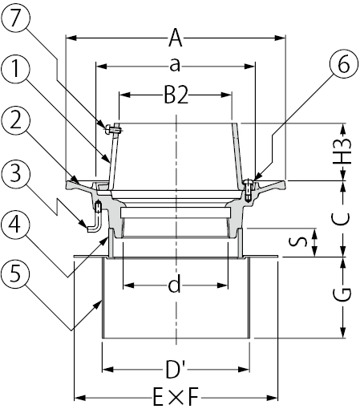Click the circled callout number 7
[15, 18]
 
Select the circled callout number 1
[15, 69]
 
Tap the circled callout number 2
[15, 121]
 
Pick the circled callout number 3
[15, 173]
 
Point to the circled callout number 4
[15, 225]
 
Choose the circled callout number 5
[15, 273]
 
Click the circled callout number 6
[344, 64]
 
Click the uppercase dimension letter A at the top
[176, 38]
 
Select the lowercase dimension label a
[175, 66]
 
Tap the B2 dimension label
[176, 95]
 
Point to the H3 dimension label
[342, 152]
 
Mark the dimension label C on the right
[340, 219]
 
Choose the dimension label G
[342, 294]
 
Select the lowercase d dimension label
[174, 285]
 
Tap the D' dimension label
[176, 370]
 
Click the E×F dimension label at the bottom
[176, 397]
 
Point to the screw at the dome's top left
[113, 130]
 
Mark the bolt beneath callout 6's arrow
[249, 189]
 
